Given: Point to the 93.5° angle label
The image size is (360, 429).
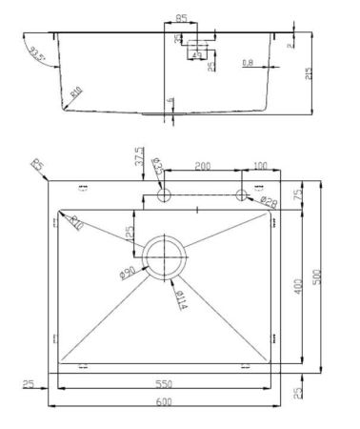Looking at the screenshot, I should coord(37,53).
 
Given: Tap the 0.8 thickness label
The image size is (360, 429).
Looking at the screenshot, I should coord(248,63).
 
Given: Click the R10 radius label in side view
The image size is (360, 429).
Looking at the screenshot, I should coord(75,92).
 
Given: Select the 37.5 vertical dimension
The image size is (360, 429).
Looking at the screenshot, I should coord(140,155).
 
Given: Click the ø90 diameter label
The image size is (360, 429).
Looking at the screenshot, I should coord(128,274).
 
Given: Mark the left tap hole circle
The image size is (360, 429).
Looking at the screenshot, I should coord(163,194).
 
